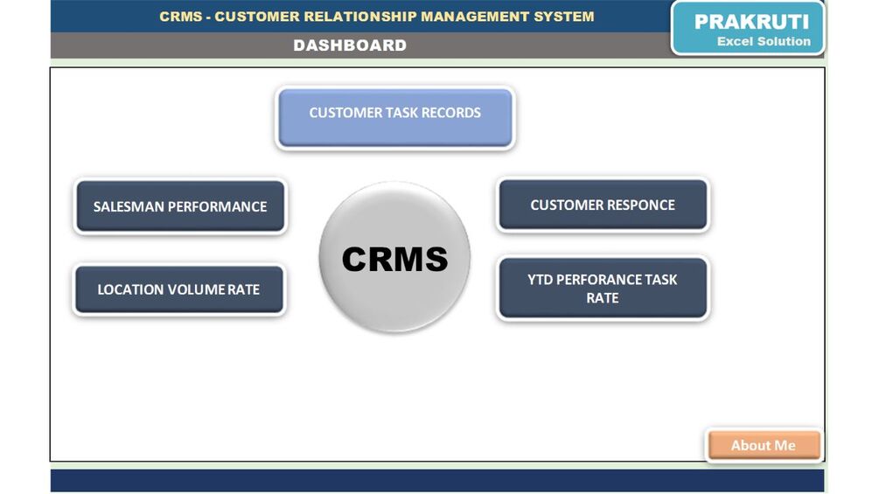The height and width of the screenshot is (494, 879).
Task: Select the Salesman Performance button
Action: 180,206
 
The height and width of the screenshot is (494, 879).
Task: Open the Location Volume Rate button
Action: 178,289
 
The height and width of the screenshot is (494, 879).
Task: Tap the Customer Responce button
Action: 603,205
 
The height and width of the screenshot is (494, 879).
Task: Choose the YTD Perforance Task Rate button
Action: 603,289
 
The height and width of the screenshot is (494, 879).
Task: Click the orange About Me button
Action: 764,445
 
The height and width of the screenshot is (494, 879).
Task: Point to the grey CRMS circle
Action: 394,257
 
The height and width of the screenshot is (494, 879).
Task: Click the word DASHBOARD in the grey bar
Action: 350,45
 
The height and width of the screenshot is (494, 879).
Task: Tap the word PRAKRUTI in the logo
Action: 751,22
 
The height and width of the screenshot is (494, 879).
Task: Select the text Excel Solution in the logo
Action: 764,41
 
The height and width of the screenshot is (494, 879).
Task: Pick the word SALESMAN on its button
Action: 128,207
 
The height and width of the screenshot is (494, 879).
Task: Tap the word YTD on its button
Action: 540,280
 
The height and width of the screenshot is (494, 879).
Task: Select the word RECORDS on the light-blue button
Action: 451,113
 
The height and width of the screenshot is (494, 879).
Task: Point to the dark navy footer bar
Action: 437,480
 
